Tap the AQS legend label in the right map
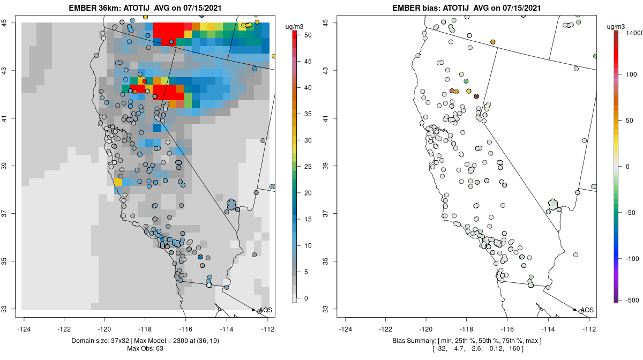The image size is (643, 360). tap(587, 310)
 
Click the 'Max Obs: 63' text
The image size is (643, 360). tap(145, 349)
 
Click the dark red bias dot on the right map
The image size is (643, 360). tap(476, 96)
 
